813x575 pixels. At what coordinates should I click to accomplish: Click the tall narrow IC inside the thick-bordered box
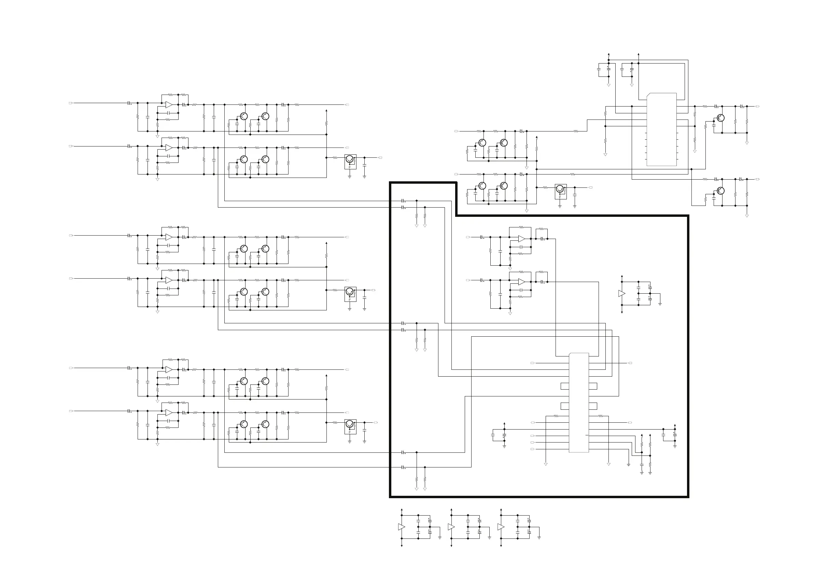578,403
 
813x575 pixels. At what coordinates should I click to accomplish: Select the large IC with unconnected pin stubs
661,130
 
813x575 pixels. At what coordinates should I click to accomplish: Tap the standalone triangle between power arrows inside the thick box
621,294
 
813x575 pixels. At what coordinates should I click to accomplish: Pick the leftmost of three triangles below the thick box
401,527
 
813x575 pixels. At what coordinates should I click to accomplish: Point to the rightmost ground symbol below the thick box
539,537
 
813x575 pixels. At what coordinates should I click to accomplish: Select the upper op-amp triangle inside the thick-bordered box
522,239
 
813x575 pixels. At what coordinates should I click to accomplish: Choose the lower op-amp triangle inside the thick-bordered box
522,282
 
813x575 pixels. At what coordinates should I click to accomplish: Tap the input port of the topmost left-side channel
70,103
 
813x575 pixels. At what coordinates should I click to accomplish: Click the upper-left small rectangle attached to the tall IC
565,386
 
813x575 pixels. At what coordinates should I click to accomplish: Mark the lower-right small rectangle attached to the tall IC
593,406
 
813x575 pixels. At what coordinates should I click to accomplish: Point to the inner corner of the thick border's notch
456,215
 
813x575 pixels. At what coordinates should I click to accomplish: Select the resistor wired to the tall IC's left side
556,416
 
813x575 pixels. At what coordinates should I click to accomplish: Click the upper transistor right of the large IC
720,118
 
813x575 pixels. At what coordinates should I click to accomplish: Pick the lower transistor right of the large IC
720,191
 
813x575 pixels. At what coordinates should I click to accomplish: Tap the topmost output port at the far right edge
758,106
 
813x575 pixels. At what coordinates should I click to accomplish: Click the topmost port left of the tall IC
533,363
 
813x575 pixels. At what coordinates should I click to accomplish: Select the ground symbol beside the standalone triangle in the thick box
660,304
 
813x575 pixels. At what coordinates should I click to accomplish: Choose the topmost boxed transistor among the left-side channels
350,160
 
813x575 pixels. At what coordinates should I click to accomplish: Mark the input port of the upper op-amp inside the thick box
468,237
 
